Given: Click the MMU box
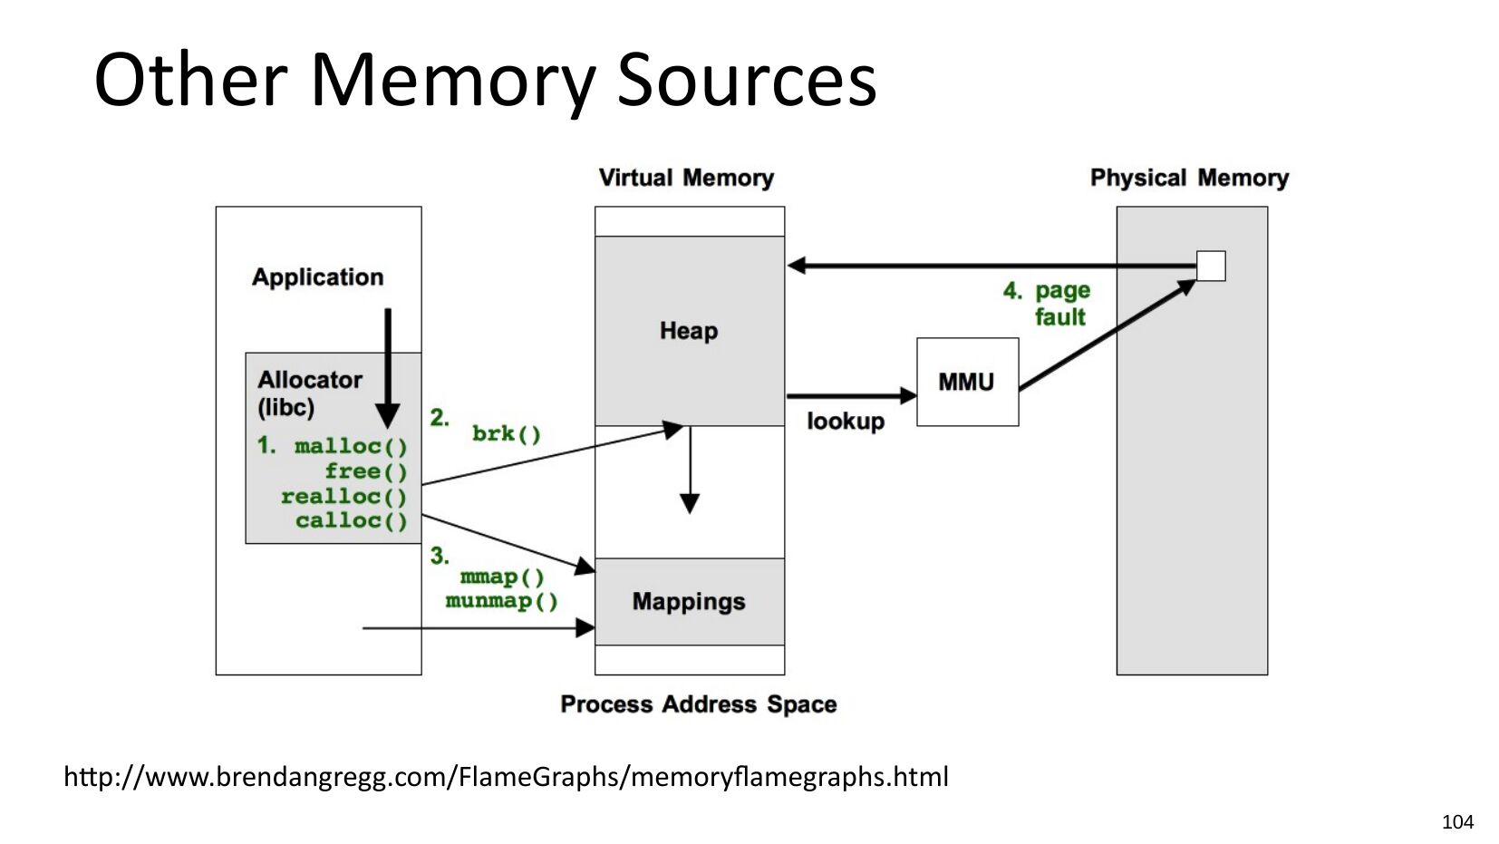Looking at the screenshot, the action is [x=968, y=382].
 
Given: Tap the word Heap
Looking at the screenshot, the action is [x=689, y=331].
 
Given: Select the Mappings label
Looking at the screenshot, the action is [x=689, y=601].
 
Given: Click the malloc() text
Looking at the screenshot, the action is [x=351, y=446].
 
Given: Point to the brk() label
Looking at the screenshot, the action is [x=507, y=434].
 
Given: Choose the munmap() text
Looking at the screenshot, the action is [x=502, y=601].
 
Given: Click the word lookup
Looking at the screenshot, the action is [x=846, y=421].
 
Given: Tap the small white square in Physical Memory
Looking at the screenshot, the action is [x=1211, y=266].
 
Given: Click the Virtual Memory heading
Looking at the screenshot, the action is [x=687, y=178].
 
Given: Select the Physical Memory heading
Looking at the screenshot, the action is [x=1189, y=178].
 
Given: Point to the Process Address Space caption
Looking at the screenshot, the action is [x=699, y=704].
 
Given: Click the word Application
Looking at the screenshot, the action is [x=318, y=277].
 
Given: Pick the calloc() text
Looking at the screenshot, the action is [x=352, y=520].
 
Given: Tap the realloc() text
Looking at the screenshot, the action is [x=344, y=497].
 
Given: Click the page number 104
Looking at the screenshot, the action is [x=1457, y=822].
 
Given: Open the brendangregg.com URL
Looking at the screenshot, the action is [x=506, y=777].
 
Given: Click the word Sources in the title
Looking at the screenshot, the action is [x=746, y=81].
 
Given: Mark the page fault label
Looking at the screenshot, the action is [x=1048, y=303].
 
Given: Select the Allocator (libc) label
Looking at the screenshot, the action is [x=310, y=393].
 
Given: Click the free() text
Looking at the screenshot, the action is [x=366, y=472].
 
